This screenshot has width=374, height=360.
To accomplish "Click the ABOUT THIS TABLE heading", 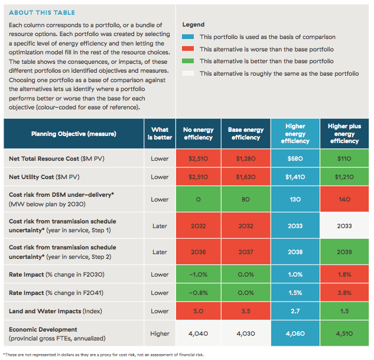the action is tap(42, 12).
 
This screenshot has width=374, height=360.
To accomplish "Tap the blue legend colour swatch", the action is tap(188, 37).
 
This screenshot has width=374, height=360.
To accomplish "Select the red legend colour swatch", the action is tap(188, 49).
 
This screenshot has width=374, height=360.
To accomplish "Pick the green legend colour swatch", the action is tap(188, 61).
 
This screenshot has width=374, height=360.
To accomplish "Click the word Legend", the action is tap(193, 25).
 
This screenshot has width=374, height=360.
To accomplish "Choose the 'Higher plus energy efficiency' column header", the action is tap(344, 134).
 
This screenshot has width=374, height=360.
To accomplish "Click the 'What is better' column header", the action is tap(160, 134).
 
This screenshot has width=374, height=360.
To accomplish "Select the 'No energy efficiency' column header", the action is tap(198, 134).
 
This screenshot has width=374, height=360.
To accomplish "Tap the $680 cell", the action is tap(295, 158).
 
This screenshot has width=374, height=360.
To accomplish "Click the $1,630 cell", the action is tap(246, 177).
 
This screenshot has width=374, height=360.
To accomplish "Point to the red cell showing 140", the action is tap(344, 199).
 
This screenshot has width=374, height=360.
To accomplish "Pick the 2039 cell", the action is tap(344, 252).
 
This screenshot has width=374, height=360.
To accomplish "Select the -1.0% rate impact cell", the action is tap(198, 274).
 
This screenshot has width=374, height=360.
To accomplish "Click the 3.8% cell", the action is tap(344, 293).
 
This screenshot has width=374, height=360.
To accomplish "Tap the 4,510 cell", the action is tap(344, 333).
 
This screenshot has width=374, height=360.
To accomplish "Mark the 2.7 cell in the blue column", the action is tap(295, 311).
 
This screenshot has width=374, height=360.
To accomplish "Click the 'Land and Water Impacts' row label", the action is tap(56, 311).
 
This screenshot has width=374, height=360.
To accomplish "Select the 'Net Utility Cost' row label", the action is tap(44, 177).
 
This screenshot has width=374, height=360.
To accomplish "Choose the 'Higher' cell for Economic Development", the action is tap(160, 333).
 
